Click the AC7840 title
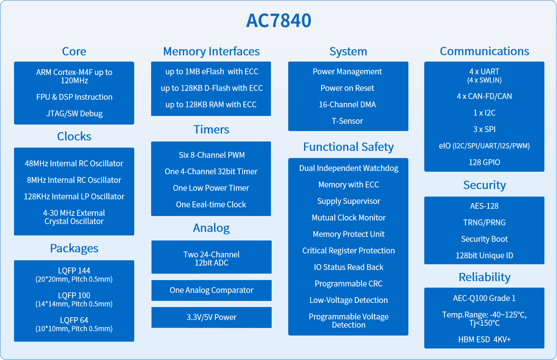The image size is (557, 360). pyautogui.click(x=278, y=21)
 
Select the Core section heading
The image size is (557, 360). pyautogui.click(x=74, y=51)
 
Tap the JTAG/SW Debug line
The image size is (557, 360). pyautogui.click(x=74, y=113)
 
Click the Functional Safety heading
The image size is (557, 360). pyautogui.click(x=348, y=147)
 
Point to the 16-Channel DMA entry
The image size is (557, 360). pyautogui.click(x=347, y=104)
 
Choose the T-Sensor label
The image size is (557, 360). pyautogui.click(x=347, y=121)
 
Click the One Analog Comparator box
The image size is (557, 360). pyautogui.click(x=211, y=290)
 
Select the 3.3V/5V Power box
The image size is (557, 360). pyautogui.click(x=211, y=318)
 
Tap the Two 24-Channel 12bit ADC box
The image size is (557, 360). pyautogui.click(x=211, y=257)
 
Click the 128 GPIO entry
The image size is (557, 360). pyautogui.click(x=484, y=162)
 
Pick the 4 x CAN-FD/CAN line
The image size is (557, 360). pyautogui.click(x=484, y=96)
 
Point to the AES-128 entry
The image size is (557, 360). pyautogui.click(x=484, y=206)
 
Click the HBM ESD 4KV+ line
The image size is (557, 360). pyautogui.click(x=484, y=339)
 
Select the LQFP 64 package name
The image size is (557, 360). pyautogui.click(x=74, y=320)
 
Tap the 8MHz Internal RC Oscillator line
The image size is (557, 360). pyautogui.click(x=74, y=180)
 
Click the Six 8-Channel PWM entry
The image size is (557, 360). pyautogui.click(x=212, y=155)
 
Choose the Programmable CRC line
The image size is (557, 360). pyautogui.click(x=349, y=284)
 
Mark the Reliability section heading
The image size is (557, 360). pyautogui.click(x=484, y=277)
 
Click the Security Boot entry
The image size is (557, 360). pyautogui.click(x=484, y=239)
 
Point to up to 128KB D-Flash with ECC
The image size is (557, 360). pyautogui.click(x=212, y=88)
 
